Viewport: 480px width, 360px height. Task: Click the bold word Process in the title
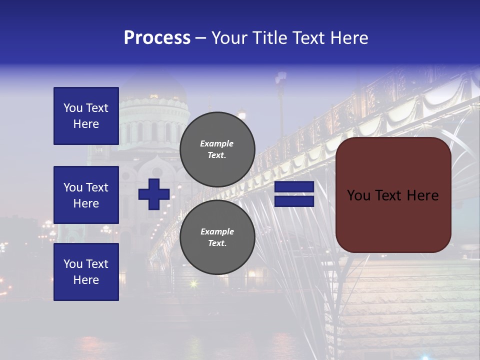(x=157, y=38)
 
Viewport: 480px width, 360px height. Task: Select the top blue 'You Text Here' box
(x=86, y=116)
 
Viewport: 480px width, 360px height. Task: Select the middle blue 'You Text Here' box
(x=86, y=195)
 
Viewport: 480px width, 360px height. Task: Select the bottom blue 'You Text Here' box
(x=86, y=272)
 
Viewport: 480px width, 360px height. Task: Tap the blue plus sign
(x=154, y=194)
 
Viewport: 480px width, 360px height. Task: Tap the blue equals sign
(x=294, y=194)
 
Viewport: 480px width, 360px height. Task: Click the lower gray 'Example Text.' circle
(x=217, y=237)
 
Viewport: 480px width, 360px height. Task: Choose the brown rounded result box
(x=393, y=194)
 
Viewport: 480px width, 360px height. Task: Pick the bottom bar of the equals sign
(x=294, y=201)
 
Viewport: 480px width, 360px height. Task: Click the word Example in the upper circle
(x=217, y=143)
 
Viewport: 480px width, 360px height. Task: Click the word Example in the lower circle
(x=217, y=231)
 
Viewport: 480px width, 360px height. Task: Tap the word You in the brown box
(x=358, y=195)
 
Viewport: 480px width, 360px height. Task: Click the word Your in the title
(x=230, y=38)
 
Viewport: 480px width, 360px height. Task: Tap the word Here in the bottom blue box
(x=86, y=280)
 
